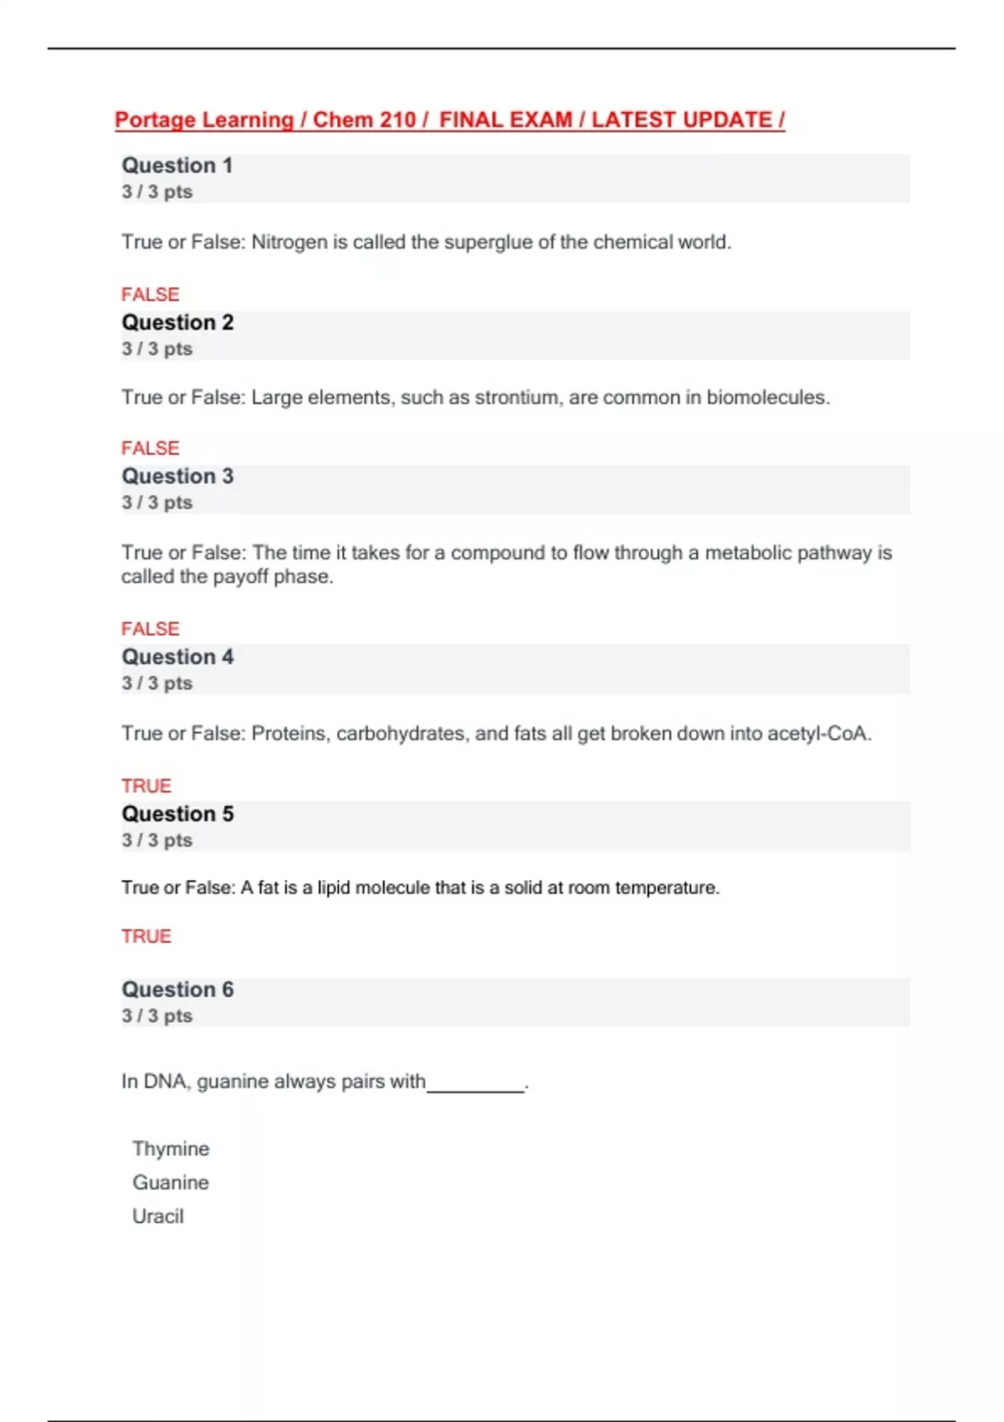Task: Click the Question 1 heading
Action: click(177, 166)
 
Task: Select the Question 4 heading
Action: click(177, 657)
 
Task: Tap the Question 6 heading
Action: click(177, 990)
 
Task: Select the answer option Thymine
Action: click(171, 1148)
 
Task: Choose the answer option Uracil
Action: click(158, 1216)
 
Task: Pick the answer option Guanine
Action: click(171, 1183)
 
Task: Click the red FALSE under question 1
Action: click(151, 294)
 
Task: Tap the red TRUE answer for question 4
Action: click(146, 786)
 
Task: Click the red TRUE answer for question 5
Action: click(146, 937)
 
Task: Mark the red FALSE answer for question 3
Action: click(151, 629)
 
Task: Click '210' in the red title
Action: click(397, 120)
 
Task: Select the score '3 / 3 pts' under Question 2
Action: click(157, 349)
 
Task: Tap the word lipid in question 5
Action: click(333, 887)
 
